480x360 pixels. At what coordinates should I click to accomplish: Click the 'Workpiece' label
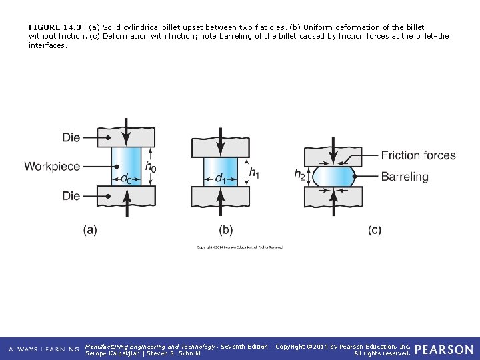(52, 166)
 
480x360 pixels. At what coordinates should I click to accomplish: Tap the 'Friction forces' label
(418, 155)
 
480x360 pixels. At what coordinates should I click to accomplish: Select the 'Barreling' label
(405, 177)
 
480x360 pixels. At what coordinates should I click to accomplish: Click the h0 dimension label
(151, 167)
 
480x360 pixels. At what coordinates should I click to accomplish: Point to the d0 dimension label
(125, 179)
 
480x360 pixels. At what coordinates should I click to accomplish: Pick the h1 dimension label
(254, 172)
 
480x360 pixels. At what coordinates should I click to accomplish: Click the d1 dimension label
(219, 178)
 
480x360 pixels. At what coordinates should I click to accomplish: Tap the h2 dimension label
(301, 175)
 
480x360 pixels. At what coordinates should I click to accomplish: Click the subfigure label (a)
(90, 230)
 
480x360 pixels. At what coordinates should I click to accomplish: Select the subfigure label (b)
(226, 230)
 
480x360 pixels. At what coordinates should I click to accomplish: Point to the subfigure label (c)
(375, 230)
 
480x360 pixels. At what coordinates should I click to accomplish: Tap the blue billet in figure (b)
(220, 167)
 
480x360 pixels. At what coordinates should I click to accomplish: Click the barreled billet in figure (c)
(333, 177)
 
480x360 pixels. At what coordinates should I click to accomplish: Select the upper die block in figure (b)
(220, 147)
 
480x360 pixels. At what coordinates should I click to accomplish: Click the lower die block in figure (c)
(333, 197)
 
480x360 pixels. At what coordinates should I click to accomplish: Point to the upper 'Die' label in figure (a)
(71, 137)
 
